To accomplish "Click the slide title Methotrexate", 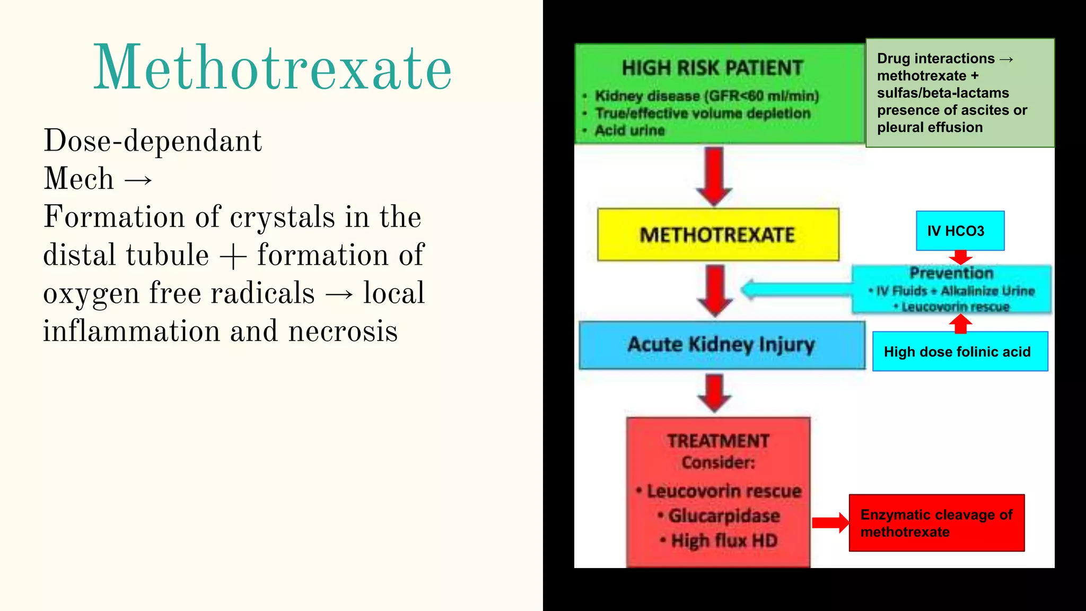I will (273, 68).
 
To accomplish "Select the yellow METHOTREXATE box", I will (717, 234).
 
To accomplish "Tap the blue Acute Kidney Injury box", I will (721, 345).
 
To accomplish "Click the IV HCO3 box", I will (960, 231).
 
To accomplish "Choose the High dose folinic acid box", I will (960, 351).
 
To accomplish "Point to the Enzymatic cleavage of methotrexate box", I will (936, 523).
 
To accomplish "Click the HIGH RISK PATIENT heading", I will (712, 68).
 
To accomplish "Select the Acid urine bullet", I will (629, 130).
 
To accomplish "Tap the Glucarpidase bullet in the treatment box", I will (724, 516).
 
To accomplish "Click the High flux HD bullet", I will (724, 540).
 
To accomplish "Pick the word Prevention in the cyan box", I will (951, 273).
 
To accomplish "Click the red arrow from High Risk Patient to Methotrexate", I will (714, 176).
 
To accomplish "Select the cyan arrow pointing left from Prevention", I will (795, 290).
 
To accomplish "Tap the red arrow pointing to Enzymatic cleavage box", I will (830, 522).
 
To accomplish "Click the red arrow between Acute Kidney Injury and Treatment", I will (715, 392).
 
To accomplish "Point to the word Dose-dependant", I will (153, 141).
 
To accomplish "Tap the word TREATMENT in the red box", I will (718, 441).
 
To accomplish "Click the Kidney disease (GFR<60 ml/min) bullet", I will (706, 96).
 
